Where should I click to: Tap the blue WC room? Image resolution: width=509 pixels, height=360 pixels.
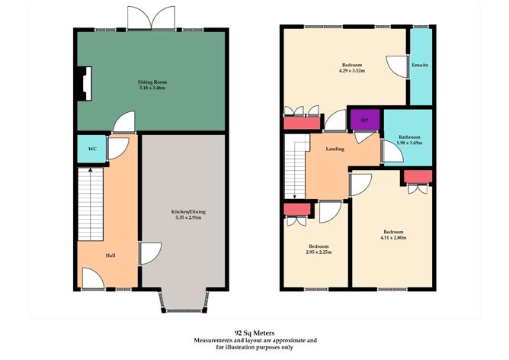click(x=91, y=148)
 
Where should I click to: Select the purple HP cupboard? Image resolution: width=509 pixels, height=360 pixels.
click(x=364, y=121)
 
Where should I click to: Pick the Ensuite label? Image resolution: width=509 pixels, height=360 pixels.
click(x=420, y=65)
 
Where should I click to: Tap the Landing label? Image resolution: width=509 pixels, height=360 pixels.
click(x=336, y=149)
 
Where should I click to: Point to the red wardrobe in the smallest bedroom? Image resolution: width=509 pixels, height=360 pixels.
click(x=297, y=209)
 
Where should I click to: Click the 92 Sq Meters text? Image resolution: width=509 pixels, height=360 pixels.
click(x=254, y=332)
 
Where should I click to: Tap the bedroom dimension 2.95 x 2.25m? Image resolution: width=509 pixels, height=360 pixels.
click(x=319, y=252)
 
